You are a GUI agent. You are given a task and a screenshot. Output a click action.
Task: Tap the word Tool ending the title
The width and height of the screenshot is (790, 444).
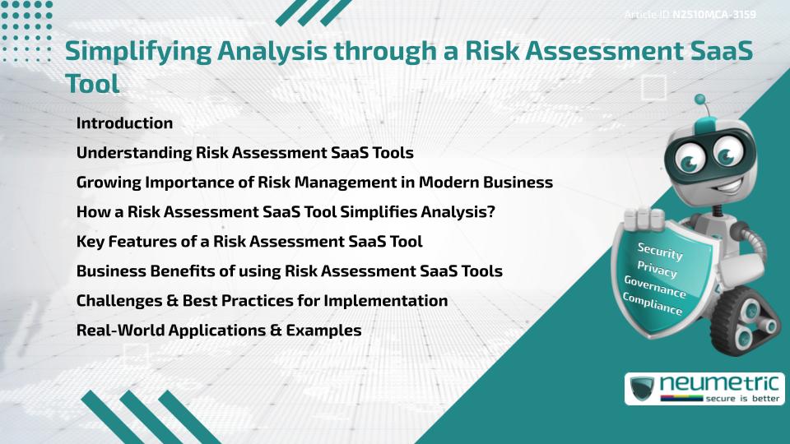(92, 84)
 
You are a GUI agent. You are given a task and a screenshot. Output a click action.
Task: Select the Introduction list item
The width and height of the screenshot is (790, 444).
(124, 123)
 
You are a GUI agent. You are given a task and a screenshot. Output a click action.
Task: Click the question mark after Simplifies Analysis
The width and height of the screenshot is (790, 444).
(490, 212)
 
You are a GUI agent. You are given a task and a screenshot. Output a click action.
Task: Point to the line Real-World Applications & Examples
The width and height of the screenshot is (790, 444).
(219, 331)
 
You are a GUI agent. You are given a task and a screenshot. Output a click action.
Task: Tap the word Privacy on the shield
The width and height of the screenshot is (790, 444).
(657, 269)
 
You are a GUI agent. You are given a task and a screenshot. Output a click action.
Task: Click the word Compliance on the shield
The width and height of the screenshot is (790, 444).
(653, 305)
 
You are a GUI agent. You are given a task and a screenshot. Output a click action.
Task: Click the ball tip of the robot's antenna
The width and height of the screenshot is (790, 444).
(700, 100)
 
